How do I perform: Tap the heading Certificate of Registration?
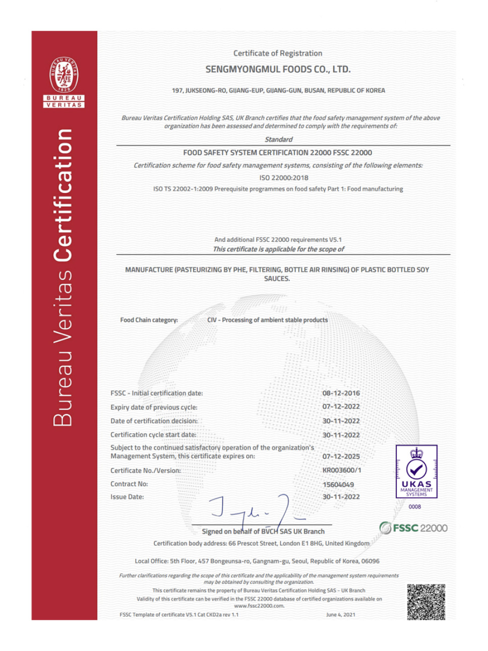pos(277,53)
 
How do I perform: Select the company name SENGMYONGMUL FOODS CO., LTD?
pos(278,70)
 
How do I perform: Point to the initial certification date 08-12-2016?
pos(341,394)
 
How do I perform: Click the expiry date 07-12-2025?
pos(341,457)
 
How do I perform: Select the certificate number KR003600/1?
pos(341,471)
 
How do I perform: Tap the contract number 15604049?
pos(338,485)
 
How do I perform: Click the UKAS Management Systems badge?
pos(416,472)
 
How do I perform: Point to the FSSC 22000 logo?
pos(413,528)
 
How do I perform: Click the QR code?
pos(425,602)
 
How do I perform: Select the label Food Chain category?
pos(149,320)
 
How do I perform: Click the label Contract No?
pos(129,484)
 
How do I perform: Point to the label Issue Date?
pos(127,497)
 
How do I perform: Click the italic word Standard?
pos(278,140)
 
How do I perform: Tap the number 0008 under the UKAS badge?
pos(414,507)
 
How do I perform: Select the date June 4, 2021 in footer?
pos(340,615)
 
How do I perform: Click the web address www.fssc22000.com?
pos(259,606)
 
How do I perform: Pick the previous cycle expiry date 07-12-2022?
pos(341,407)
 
